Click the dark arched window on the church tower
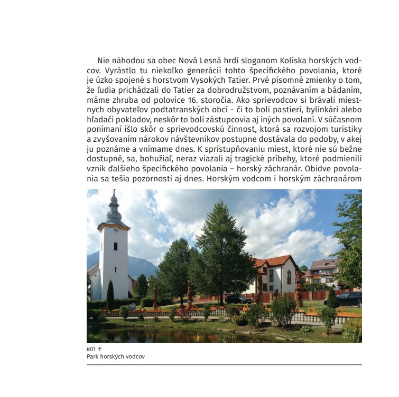point(115,246)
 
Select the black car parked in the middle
point(238,299)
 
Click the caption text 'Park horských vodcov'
point(116,356)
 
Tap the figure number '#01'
point(91,350)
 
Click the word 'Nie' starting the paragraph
point(104,61)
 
